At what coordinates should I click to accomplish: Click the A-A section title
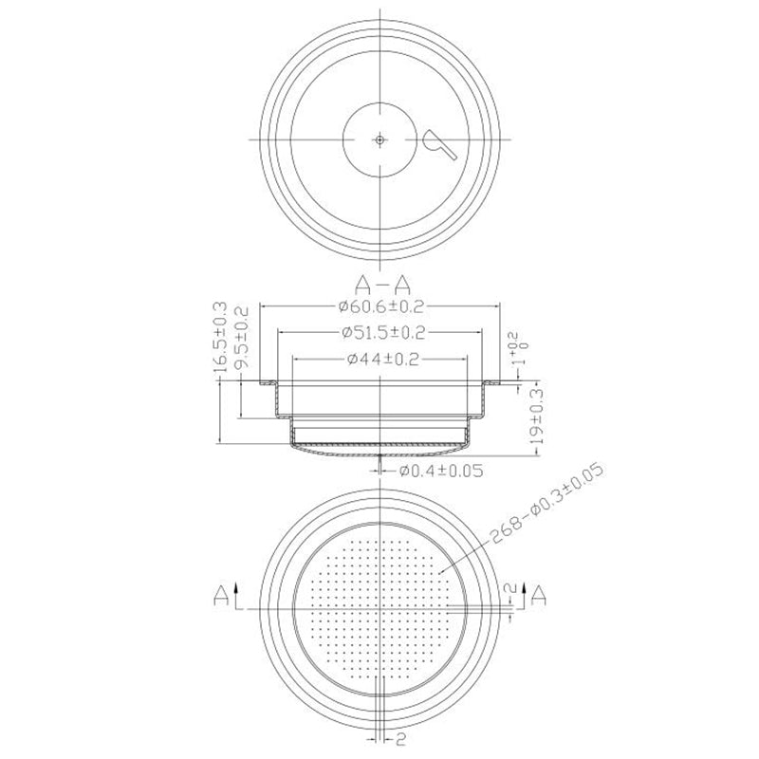(379, 284)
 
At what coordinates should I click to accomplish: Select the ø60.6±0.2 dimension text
(379, 307)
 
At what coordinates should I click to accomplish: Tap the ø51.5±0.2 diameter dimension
(379, 333)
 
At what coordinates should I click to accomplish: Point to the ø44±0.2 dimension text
(379, 359)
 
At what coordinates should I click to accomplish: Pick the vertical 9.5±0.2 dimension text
(241, 339)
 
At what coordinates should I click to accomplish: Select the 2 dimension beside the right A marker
(513, 592)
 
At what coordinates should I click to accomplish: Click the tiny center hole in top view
(379, 139)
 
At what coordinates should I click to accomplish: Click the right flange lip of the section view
(492, 382)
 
